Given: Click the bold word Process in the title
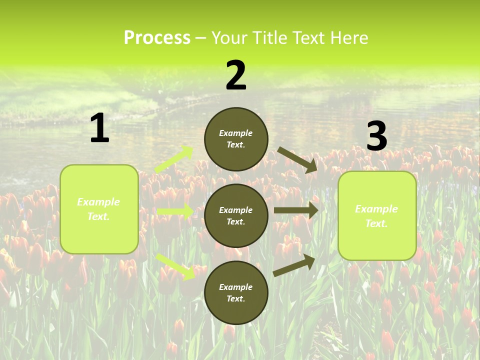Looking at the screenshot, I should (x=157, y=37).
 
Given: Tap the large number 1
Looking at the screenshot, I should (x=99, y=128).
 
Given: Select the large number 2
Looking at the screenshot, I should (x=236, y=75).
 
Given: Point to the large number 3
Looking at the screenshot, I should (x=376, y=136).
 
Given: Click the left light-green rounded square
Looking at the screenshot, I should (x=99, y=209).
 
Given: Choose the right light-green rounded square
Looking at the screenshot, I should (x=377, y=216).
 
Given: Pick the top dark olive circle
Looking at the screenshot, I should (x=236, y=139).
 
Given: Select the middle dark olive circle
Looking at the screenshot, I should (x=236, y=215).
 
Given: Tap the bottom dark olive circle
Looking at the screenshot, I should (x=236, y=292).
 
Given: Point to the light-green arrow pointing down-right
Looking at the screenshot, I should (x=176, y=266).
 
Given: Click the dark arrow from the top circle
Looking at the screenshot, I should (x=297, y=159).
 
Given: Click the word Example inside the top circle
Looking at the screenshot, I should (x=236, y=133).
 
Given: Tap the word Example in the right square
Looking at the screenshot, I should (x=376, y=209).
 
